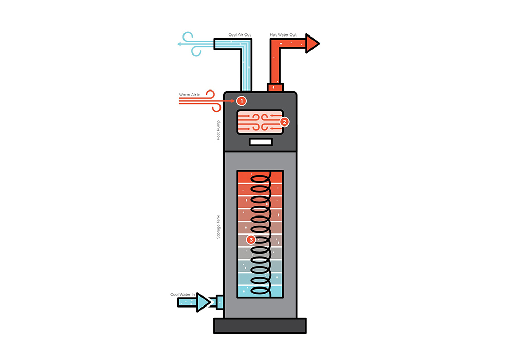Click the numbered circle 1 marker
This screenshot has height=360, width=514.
pyautogui.click(x=241, y=101)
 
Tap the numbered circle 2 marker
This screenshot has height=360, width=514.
pyautogui.click(x=284, y=122)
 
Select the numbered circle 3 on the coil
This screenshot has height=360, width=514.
pyautogui.click(x=251, y=240)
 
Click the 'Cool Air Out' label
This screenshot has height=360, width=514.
pyautogui.click(x=240, y=35)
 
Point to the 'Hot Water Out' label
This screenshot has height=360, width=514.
pyautogui.click(x=283, y=35)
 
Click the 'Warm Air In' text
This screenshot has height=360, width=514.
pyautogui.click(x=190, y=95)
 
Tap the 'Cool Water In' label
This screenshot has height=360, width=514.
pyautogui.click(x=182, y=294)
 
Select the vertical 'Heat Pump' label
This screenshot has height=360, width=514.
pyautogui.click(x=218, y=131)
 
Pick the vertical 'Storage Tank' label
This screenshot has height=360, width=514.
pyautogui.click(x=218, y=227)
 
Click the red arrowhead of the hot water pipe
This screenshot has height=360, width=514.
pyautogui.click(x=312, y=43)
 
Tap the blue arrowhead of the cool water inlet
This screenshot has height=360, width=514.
pyautogui.click(x=203, y=302)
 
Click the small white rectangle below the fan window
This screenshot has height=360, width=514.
pyautogui.click(x=261, y=142)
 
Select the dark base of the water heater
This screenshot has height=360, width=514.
pyautogui.click(x=260, y=326)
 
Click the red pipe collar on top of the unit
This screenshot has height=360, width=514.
pyautogui.click(x=275, y=87)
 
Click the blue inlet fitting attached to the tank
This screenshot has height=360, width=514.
pyautogui.click(x=219, y=302)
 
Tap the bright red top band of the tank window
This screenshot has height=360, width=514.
pyautogui.click(x=260, y=177)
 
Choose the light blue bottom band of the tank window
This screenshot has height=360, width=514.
pyautogui.click(x=260, y=291)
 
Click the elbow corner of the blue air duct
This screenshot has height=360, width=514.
pyautogui.click(x=247, y=44)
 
